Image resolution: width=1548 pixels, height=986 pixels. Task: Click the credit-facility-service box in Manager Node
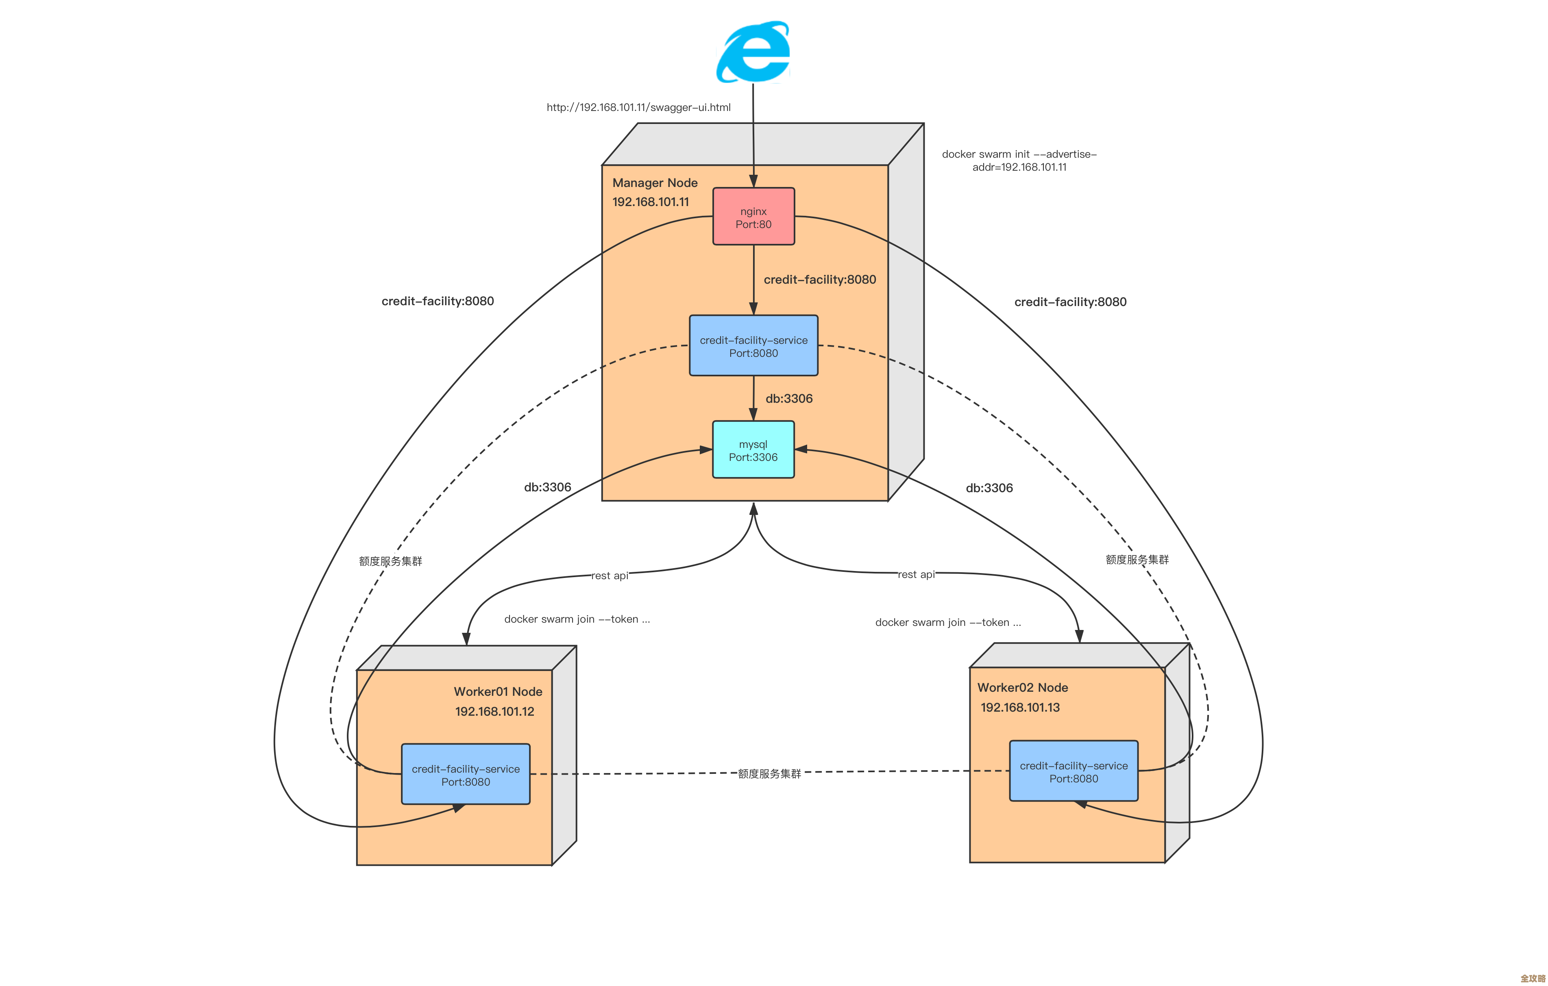[753, 346]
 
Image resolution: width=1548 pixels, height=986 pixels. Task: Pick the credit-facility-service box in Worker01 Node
[466, 775]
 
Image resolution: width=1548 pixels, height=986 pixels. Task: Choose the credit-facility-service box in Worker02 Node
[1073, 771]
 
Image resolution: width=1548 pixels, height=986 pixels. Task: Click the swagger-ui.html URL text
[638, 107]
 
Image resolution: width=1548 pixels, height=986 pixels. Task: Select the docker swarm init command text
[1019, 161]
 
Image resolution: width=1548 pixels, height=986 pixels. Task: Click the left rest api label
[610, 575]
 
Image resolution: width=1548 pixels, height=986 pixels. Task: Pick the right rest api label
[916, 574]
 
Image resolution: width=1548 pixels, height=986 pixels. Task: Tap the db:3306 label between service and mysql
[789, 399]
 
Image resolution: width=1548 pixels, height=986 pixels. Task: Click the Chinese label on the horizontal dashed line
[769, 773]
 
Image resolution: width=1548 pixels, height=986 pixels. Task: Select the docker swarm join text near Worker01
[577, 619]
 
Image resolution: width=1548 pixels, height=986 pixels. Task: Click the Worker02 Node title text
[1022, 688]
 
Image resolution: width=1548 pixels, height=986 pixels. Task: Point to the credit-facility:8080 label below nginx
[820, 280]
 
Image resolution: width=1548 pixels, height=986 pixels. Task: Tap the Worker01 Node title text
[498, 692]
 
